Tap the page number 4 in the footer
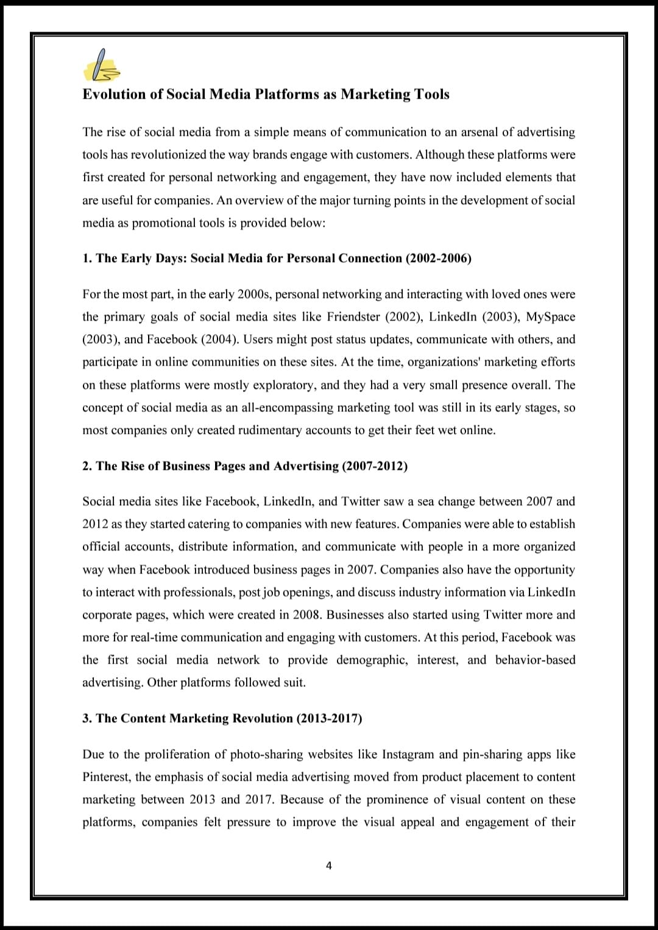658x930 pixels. [329, 865]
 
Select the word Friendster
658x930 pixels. [353, 317]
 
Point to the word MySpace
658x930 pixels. [551, 317]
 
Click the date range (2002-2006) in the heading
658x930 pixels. [439, 258]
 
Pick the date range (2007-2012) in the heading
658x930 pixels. [375, 466]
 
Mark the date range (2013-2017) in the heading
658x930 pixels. [329, 719]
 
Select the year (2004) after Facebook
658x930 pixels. [219, 339]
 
